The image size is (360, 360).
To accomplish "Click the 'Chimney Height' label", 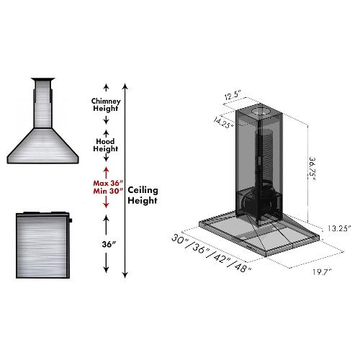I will [105, 106].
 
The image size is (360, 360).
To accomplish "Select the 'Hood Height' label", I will [105, 145].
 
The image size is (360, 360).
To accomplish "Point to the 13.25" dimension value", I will [336, 229].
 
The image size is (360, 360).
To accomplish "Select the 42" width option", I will [220, 258].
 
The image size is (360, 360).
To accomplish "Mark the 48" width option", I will [241, 267].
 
